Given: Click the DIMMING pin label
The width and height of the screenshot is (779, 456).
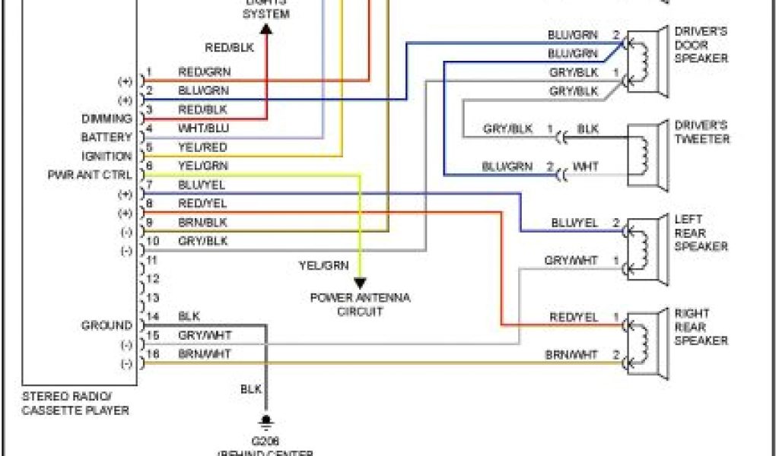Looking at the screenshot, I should point(107,119).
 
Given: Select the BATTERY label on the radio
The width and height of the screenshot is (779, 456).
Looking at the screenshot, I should point(107,138).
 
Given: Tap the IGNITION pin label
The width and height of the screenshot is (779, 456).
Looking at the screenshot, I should point(107,156).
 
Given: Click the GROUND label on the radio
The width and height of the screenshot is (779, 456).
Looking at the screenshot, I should point(107,325).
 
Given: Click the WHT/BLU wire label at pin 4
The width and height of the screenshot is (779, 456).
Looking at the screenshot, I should point(202,128).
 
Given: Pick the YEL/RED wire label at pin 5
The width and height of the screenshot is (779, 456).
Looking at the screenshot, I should point(202,147).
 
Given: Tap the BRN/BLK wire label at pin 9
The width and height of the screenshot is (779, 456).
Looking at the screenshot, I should point(202,223).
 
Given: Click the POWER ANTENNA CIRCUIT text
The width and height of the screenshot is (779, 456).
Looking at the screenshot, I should point(360,304).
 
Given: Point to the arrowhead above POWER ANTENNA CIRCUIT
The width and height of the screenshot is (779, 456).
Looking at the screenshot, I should point(360,283).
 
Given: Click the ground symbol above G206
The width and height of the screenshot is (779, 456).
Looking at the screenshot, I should point(266,420).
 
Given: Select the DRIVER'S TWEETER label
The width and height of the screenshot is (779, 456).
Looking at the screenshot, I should point(701,131).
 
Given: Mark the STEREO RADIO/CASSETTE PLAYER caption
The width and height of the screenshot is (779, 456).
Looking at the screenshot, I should point(75,404).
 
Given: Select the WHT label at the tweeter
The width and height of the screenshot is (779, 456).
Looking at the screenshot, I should point(586,166).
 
